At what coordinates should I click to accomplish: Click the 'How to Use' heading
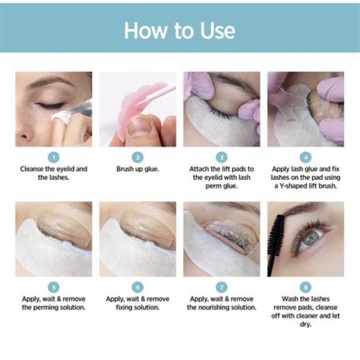point(179,30)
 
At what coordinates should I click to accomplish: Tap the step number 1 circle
point(53,157)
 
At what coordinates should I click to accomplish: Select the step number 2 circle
point(137,157)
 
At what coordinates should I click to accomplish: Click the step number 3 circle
point(221,157)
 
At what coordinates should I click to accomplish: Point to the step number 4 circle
point(305,157)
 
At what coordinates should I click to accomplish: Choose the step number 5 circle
point(53,287)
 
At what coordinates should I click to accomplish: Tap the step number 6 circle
point(137,287)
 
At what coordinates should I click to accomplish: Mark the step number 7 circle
point(221,287)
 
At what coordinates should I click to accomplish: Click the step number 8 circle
point(305,287)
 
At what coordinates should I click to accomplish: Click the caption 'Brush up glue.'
point(137,169)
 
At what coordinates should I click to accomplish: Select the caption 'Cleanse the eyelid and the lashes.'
point(53,173)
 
